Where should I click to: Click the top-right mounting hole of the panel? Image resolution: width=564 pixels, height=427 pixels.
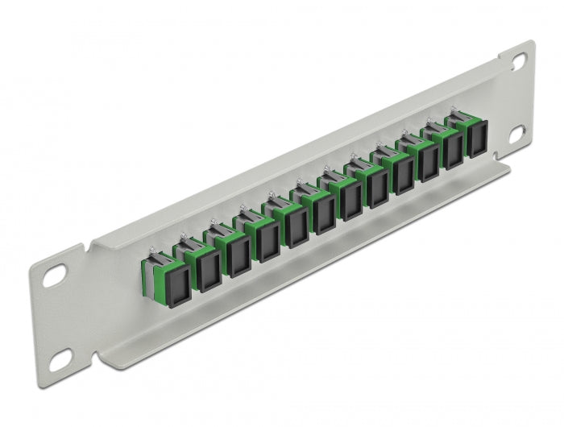[x=517, y=60]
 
